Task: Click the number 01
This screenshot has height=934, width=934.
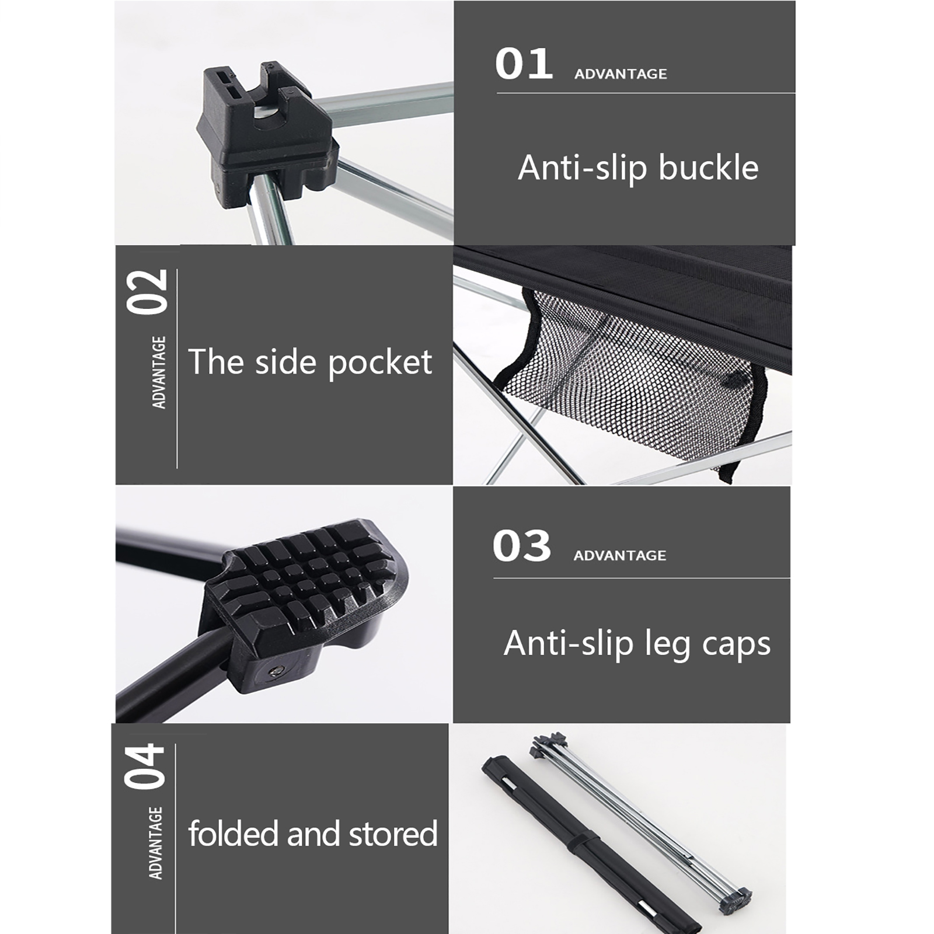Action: click(524, 64)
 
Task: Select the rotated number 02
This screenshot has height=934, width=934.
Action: click(147, 292)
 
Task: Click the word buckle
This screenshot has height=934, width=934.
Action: click(708, 168)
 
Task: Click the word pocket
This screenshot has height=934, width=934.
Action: click(380, 363)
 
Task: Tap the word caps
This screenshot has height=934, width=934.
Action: click(736, 644)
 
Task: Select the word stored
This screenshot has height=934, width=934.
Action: click(393, 833)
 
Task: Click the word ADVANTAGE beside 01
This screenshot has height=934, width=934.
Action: click(621, 74)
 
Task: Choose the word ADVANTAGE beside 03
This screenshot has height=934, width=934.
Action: click(619, 555)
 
